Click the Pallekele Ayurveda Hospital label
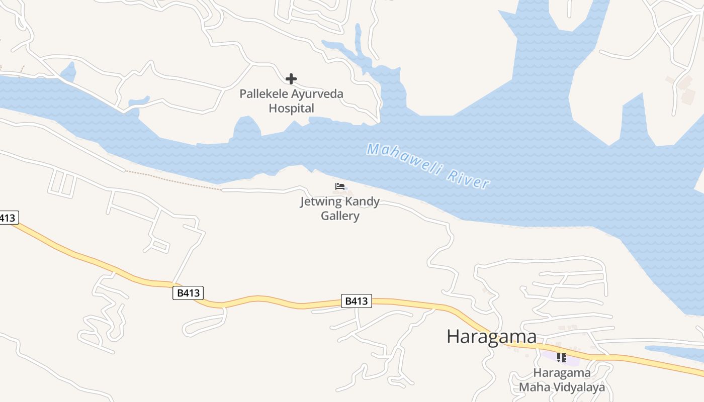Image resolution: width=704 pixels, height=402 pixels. (x=291, y=101)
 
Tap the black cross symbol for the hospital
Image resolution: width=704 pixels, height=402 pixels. (x=291, y=79)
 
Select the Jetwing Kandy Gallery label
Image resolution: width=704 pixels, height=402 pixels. (x=340, y=209)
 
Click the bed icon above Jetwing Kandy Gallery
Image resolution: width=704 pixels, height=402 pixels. (x=340, y=187)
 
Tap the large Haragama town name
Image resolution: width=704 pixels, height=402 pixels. (x=491, y=336)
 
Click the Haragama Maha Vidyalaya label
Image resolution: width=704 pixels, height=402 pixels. (x=562, y=380)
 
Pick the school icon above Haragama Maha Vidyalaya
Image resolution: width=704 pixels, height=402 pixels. (x=562, y=358)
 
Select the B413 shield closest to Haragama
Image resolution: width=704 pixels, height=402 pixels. (x=357, y=301)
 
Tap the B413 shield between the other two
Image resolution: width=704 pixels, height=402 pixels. (x=188, y=293)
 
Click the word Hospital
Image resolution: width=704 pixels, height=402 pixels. (x=291, y=108)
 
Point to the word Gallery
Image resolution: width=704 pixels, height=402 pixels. (x=340, y=216)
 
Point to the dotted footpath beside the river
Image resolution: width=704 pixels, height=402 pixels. (x=173, y=180)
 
